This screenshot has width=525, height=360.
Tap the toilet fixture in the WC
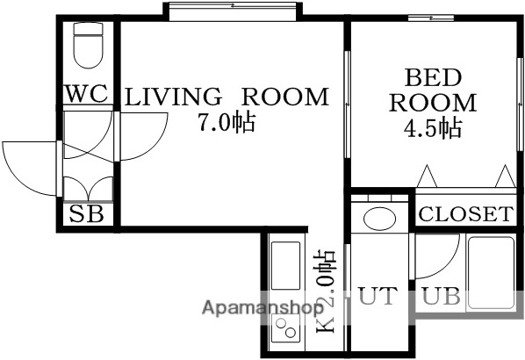tap(88, 45)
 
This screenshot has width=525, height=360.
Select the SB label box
tap(87, 213)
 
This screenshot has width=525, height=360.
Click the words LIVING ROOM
tap(227, 97)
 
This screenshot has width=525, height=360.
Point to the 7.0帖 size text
tap(226, 123)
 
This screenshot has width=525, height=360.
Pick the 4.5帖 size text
tap(433, 128)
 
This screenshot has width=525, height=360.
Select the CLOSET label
tap(464, 213)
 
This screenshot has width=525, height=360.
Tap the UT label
tap(378, 296)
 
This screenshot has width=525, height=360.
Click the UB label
tap(441, 296)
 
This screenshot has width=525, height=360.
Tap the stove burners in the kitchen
tap(286, 330)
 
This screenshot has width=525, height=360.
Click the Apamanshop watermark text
tap(262, 309)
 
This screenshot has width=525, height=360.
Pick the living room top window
tap(233, 9)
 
